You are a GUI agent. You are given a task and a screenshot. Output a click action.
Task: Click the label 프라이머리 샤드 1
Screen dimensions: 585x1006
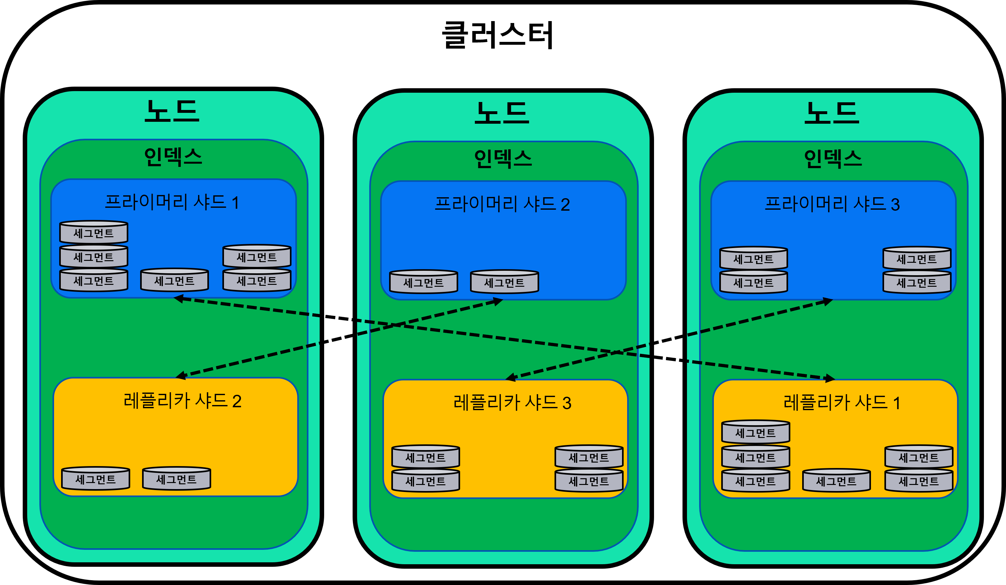(x=172, y=202)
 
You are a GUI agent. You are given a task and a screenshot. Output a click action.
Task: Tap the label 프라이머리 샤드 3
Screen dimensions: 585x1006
(x=832, y=204)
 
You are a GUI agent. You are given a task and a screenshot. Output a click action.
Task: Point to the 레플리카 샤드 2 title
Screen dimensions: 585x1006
(x=182, y=401)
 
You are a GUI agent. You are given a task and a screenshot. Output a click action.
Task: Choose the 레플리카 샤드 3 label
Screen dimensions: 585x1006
(x=512, y=403)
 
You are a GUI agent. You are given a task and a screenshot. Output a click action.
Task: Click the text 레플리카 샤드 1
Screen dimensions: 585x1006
(x=842, y=403)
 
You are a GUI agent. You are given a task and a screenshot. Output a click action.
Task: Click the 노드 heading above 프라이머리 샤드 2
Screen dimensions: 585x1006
(x=502, y=113)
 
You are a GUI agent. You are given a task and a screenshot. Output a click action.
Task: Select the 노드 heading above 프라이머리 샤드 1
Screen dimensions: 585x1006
(x=172, y=111)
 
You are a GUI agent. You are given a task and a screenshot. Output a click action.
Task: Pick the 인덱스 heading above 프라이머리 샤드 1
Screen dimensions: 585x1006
(x=173, y=157)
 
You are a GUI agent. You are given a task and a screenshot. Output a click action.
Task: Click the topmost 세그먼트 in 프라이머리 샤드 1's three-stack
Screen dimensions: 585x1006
(x=93, y=232)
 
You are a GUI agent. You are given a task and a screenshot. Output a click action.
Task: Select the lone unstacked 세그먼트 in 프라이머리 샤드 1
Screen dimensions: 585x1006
(x=174, y=280)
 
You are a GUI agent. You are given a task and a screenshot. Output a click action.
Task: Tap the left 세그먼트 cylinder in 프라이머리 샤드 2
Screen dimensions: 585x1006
(x=424, y=282)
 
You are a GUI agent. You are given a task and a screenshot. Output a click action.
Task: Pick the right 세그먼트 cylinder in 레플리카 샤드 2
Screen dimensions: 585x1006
(x=176, y=479)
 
